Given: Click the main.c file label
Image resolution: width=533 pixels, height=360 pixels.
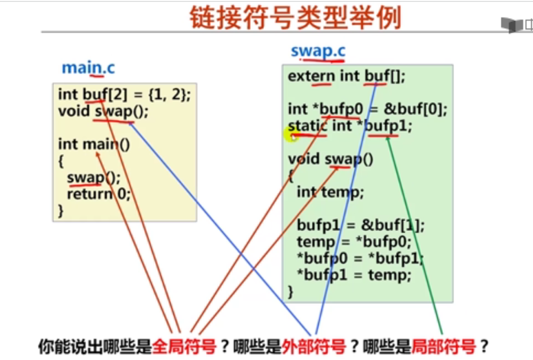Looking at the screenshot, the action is point(89,68).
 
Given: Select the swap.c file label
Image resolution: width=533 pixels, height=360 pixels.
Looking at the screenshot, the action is point(318,51).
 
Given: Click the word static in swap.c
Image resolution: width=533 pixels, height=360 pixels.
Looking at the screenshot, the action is point(308,126).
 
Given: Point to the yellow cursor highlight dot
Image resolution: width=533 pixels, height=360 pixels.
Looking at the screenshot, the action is point(290,136).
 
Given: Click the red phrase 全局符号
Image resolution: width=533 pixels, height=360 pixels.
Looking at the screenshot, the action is point(184,347).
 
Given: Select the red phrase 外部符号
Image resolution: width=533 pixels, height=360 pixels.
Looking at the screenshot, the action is point(314,347).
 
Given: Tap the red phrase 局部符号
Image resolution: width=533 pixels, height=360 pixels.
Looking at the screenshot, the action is point(443,347).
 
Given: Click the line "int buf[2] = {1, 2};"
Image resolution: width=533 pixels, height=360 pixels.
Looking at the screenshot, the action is point(124,94).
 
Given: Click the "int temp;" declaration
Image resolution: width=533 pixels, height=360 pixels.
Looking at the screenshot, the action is point(330,192).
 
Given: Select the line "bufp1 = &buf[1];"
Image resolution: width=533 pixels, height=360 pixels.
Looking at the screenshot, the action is point(361,225).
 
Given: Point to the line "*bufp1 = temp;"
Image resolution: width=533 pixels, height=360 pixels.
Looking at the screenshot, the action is point(354,275).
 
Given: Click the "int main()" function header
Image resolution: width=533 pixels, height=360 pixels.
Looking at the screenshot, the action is point(94,144).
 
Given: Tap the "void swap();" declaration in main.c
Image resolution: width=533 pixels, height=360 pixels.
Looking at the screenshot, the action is point(103,111).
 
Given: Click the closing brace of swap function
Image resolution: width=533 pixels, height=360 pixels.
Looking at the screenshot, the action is point(290,292).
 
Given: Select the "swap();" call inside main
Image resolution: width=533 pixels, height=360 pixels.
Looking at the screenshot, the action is point(93,178).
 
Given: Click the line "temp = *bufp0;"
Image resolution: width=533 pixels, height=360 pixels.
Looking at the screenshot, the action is point(354,242).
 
